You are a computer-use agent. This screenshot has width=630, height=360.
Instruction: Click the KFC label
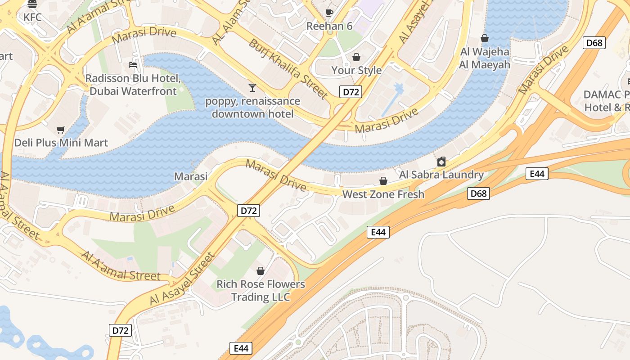[32, 18]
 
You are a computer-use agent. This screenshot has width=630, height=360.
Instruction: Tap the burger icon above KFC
[32, 4]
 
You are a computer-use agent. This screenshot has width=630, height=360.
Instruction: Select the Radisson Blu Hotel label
[133, 85]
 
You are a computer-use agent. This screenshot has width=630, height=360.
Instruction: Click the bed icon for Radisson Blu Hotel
[133, 65]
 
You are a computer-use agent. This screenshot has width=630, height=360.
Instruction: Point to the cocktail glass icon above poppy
[252, 87]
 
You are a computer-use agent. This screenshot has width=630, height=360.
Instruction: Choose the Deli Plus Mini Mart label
[61, 143]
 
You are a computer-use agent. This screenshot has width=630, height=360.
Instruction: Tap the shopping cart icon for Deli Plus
[61, 130]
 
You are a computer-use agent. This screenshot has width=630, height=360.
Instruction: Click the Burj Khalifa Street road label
[288, 69]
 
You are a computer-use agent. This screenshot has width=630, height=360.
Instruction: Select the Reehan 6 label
[329, 26]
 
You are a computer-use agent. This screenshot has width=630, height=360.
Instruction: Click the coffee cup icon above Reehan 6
[329, 13]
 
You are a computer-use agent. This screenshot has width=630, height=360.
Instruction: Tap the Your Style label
[356, 70]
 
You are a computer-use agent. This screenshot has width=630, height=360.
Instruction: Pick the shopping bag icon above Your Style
[356, 57]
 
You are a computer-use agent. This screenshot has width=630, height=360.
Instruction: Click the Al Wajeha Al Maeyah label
[485, 58]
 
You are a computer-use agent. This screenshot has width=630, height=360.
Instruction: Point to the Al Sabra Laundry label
[441, 175]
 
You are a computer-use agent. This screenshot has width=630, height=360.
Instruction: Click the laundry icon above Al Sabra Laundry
[441, 162]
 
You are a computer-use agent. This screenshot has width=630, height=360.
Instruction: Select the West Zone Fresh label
[383, 194]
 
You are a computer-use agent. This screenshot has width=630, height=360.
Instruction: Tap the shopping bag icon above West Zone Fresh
[383, 181]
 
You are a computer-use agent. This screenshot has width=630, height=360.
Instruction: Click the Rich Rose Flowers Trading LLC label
[261, 291]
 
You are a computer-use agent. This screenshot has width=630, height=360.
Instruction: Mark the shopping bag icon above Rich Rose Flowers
[260, 271]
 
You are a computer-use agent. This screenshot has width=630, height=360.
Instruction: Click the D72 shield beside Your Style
[351, 92]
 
